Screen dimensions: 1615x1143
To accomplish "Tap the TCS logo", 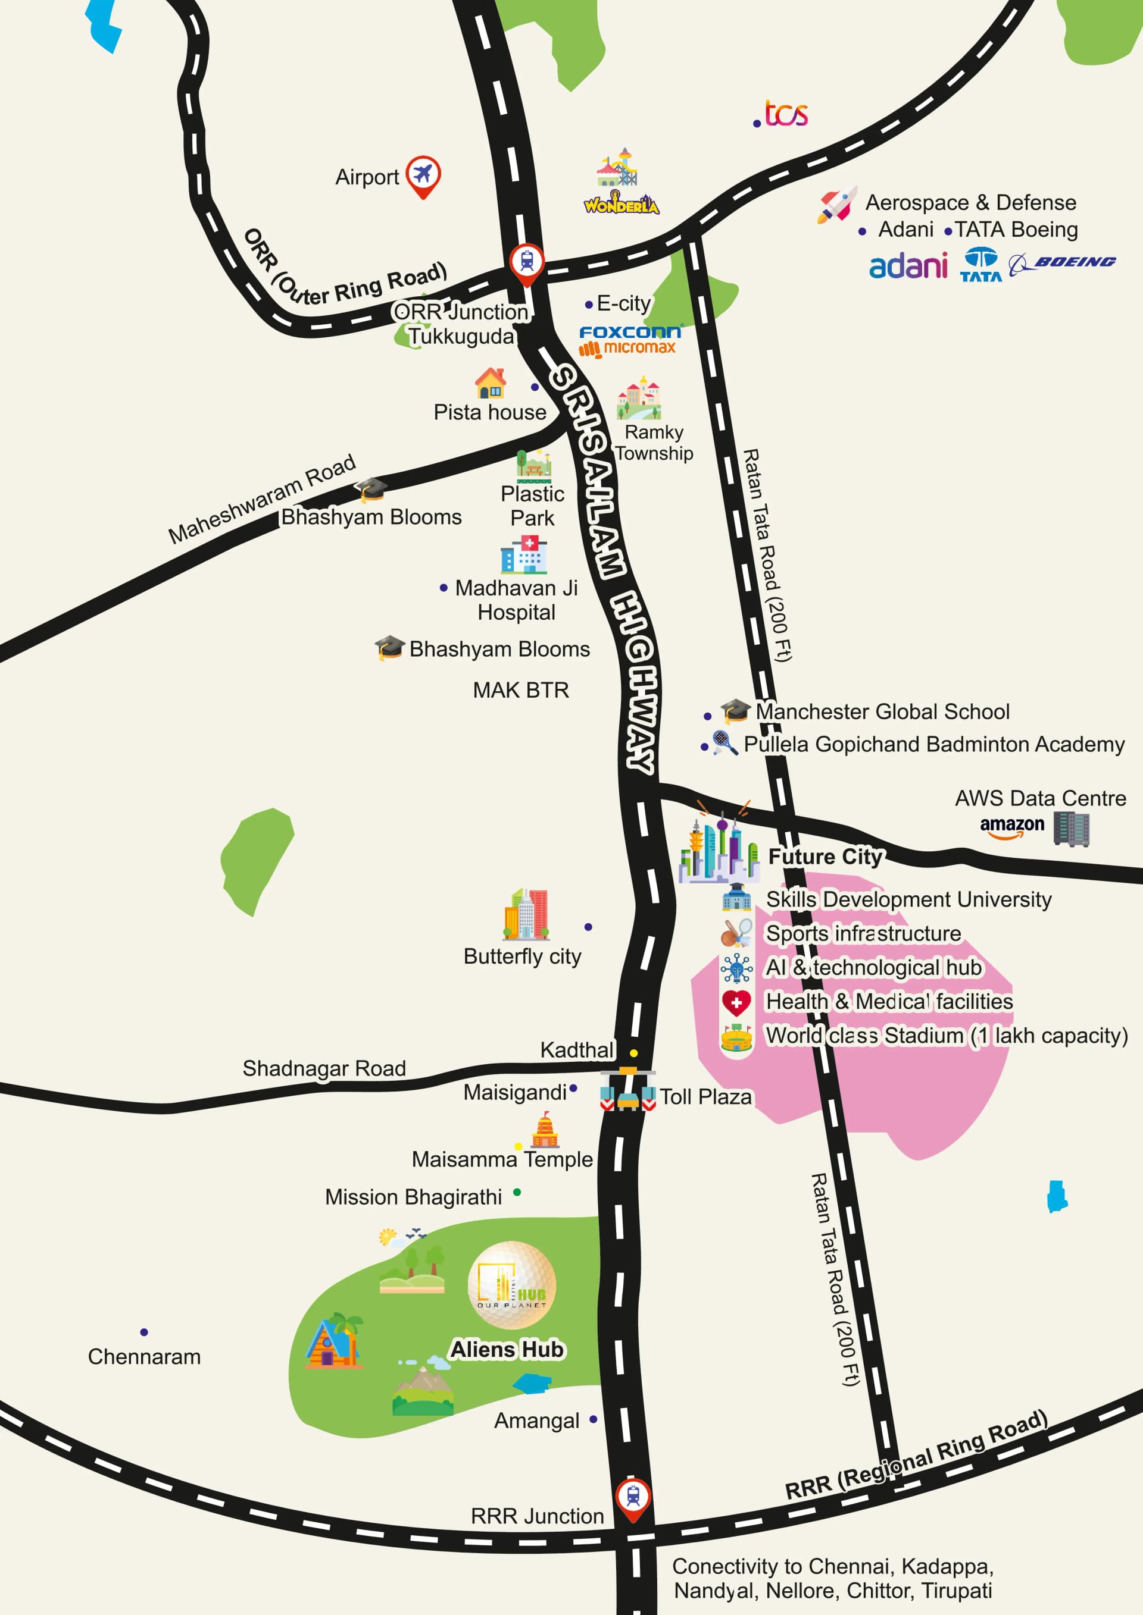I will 785,114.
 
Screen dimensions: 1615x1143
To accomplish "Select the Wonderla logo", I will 621,205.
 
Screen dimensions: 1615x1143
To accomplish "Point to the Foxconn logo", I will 629,331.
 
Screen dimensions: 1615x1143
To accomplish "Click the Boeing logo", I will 1063,263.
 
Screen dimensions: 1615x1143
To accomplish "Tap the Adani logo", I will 908,266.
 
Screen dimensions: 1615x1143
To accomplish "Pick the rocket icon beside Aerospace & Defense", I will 837,205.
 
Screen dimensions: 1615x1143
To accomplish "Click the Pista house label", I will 490,412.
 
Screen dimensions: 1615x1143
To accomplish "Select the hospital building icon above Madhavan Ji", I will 524,555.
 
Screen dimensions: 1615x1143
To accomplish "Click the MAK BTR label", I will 521,690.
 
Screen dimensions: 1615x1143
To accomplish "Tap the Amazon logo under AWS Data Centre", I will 1012,826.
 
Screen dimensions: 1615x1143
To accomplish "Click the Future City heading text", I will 825,857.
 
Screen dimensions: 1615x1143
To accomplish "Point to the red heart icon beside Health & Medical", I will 736,1002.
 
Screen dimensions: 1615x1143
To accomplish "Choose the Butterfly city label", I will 522,957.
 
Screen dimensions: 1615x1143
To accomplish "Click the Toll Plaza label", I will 705,1097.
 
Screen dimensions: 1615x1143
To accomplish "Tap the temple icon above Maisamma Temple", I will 545,1130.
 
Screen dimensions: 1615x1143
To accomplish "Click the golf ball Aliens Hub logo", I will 512,1285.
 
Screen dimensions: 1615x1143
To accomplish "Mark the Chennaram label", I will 144,1357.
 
